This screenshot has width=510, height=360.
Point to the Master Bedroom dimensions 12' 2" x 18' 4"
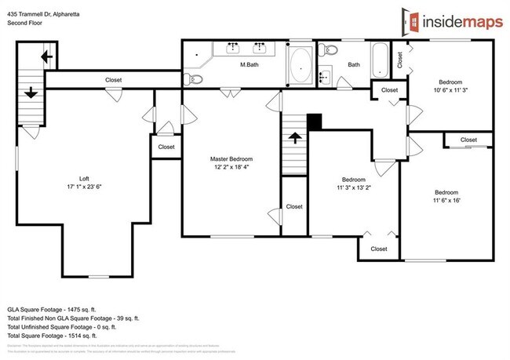pos(231,167)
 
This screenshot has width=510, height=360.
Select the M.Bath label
pos(250,65)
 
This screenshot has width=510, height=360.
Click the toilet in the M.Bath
pos(195,79)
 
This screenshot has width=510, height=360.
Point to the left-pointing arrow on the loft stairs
pos(46,56)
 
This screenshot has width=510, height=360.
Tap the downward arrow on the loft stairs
pos(31,93)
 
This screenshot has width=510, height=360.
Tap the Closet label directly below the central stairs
pos(294,207)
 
